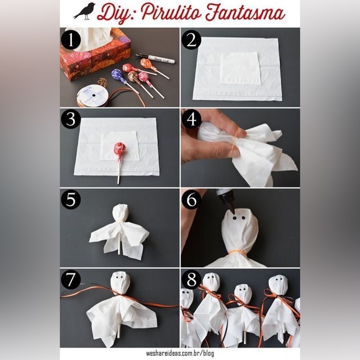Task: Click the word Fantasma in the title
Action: coord(245,12)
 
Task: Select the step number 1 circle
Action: coord(71,40)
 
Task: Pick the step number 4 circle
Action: coord(191,120)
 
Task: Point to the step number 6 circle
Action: coord(191,200)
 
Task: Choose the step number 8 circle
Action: coord(191,280)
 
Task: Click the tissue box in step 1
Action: coord(96,55)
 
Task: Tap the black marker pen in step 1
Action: coord(155,58)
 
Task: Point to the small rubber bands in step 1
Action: coord(102,82)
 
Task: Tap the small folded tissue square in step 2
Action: coord(241,68)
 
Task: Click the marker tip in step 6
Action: coord(232,209)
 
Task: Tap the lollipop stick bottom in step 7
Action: coord(119,331)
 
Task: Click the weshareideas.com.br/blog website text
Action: coord(180,353)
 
